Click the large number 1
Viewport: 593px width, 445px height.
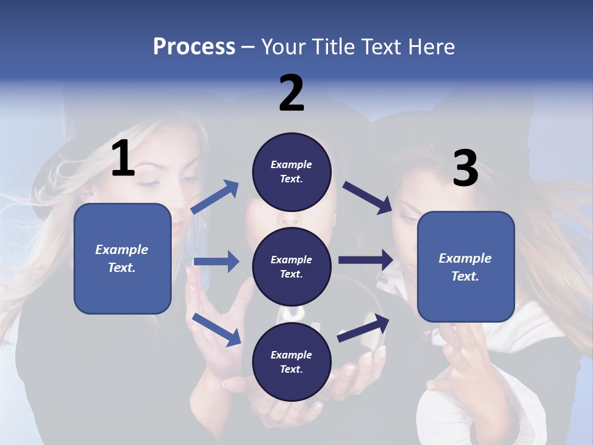(x=123, y=159)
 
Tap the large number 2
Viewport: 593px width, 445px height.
(x=292, y=93)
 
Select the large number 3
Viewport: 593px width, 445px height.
(x=465, y=169)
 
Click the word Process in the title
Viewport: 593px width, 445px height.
(x=194, y=47)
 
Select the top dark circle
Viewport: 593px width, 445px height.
(x=292, y=172)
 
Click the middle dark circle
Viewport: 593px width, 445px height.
(x=292, y=266)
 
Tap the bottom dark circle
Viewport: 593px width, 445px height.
(x=292, y=362)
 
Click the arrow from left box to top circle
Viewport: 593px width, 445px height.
(x=215, y=197)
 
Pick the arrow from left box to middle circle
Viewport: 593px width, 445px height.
(x=216, y=261)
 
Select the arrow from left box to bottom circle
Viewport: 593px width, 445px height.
(x=216, y=329)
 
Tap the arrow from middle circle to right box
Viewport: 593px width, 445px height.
(x=366, y=260)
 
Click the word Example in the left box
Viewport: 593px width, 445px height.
(x=122, y=250)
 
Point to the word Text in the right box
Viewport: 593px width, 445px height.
(x=465, y=276)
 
